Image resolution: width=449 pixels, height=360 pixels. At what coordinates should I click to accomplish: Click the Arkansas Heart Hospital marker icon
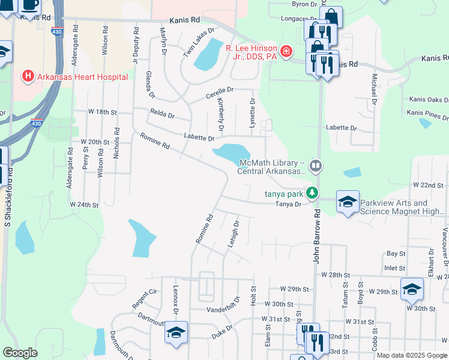(27, 76)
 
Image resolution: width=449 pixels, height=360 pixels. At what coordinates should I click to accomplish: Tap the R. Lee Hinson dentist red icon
(286, 52)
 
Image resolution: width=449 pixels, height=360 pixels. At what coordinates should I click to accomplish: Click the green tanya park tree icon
(311, 193)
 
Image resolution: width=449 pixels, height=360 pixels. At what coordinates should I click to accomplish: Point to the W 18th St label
(101, 112)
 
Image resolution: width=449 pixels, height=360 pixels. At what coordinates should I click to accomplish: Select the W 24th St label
(83, 205)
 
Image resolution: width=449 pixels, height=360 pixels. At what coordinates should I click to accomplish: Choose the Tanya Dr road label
(288, 204)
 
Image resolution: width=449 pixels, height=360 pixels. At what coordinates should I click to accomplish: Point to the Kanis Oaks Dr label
(429, 100)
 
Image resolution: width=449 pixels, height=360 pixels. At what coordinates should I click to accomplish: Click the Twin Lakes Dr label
(199, 43)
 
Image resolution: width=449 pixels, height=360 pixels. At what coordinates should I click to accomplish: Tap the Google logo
(20, 353)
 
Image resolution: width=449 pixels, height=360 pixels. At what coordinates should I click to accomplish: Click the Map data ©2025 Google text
(411, 355)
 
